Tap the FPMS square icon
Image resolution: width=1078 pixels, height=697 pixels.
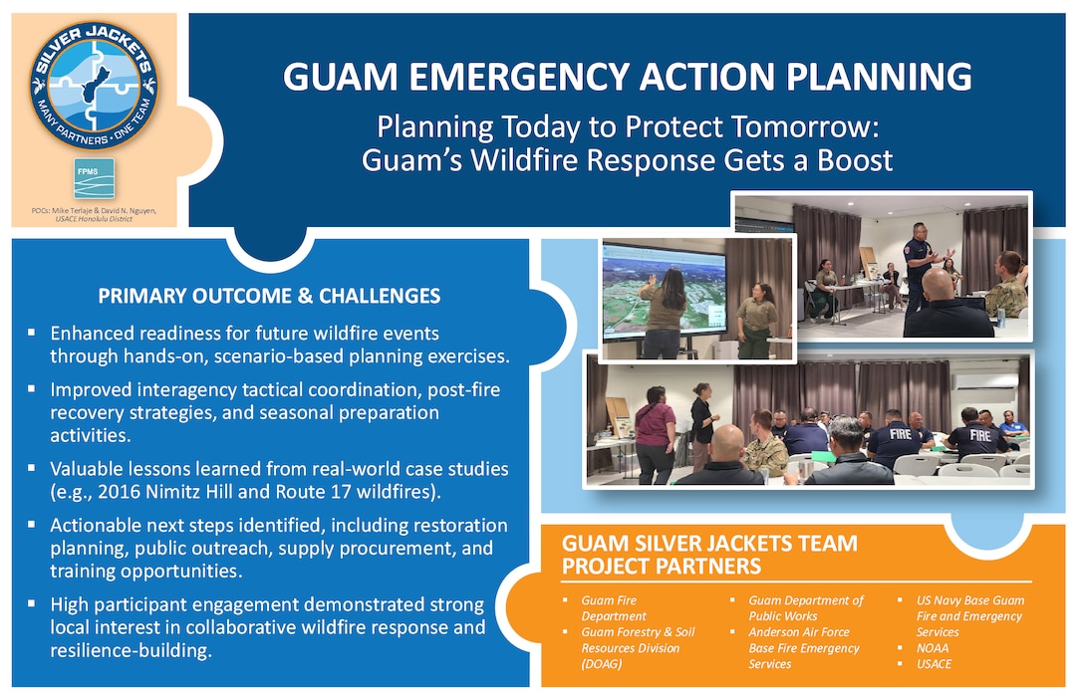[x=93, y=178]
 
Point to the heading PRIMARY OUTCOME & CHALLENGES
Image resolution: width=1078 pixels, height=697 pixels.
[x=269, y=297]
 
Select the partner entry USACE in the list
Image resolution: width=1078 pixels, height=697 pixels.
[x=936, y=664]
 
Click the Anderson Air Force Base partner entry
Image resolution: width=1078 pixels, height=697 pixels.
[x=803, y=648]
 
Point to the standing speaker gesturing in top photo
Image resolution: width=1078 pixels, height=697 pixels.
[x=921, y=261]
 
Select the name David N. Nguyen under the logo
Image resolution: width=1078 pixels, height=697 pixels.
[x=132, y=211]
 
